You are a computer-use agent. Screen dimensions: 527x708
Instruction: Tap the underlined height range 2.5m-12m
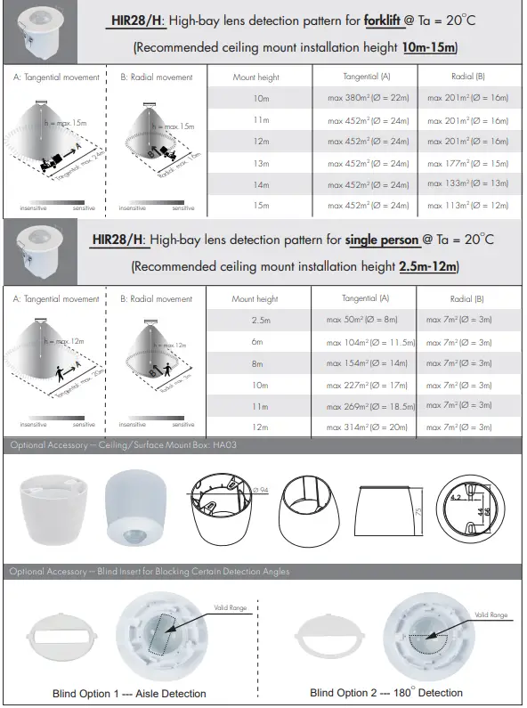[x=428, y=266]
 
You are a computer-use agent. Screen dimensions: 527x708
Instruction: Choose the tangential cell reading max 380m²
[x=367, y=98]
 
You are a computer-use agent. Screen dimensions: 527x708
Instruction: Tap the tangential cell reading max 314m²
[x=367, y=427]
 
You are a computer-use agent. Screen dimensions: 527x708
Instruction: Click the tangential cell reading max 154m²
[x=367, y=363]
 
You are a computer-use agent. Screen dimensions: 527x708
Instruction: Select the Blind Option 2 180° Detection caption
[x=386, y=693]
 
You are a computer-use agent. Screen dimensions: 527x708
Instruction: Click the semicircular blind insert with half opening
[x=329, y=636]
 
